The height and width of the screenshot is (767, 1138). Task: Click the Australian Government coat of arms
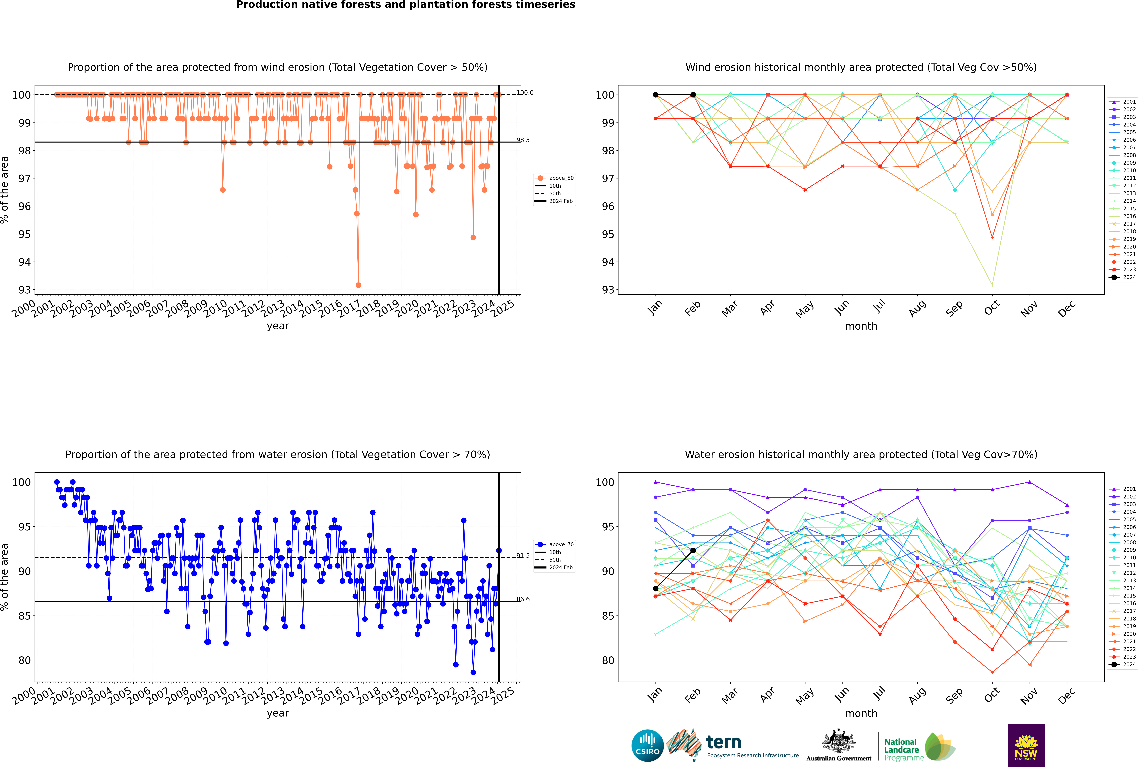click(839, 742)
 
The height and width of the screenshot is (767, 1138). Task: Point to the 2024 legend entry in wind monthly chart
click(1123, 277)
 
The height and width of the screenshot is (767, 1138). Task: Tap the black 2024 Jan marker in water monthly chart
click(656, 588)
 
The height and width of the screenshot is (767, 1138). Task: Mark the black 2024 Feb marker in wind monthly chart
click(693, 95)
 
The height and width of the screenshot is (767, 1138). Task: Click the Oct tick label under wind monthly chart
click(992, 309)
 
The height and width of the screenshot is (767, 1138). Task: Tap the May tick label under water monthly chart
click(805, 696)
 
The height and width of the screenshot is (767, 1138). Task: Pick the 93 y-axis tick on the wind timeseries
click(24, 290)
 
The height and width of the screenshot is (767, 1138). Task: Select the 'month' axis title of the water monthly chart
click(861, 713)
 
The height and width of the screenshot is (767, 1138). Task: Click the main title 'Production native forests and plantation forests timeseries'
click(406, 5)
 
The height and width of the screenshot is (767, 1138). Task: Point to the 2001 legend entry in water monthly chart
click(1123, 489)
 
